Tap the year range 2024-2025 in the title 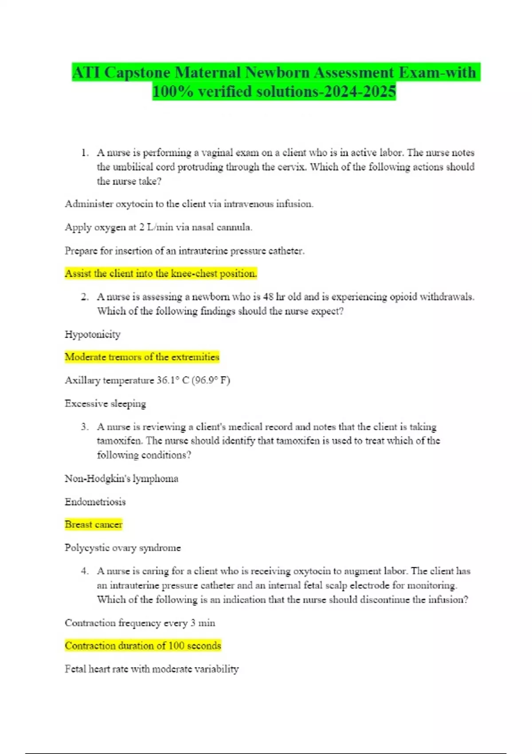[360, 92]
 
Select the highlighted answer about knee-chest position [160, 274]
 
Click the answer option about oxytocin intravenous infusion [189, 204]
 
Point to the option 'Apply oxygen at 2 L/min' [158, 228]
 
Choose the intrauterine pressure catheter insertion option [184, 251]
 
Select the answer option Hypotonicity [92, 334]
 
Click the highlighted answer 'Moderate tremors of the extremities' [142, 357]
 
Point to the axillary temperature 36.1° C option [147, 381]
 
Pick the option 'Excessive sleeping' [105, 404]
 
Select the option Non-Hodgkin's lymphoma [121, 479]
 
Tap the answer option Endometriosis [95, 502]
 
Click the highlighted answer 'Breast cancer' [93, 525]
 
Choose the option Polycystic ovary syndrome [122, 548]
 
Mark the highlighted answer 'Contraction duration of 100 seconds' [143, 646]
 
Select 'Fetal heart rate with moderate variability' [152, 669]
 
